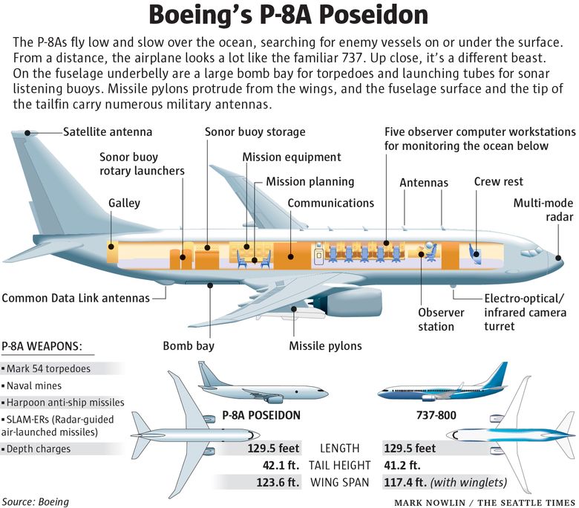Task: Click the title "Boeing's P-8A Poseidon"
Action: (289, 16)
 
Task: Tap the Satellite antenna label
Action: (107, 132)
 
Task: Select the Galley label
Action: (124, 203)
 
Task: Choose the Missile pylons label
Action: (325, 345)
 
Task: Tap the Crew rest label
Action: (498, 182)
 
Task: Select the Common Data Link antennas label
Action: (75, 298)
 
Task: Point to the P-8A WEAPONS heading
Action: (42, 346)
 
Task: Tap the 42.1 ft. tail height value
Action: (281, 466)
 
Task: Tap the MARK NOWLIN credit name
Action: (428, 502)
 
